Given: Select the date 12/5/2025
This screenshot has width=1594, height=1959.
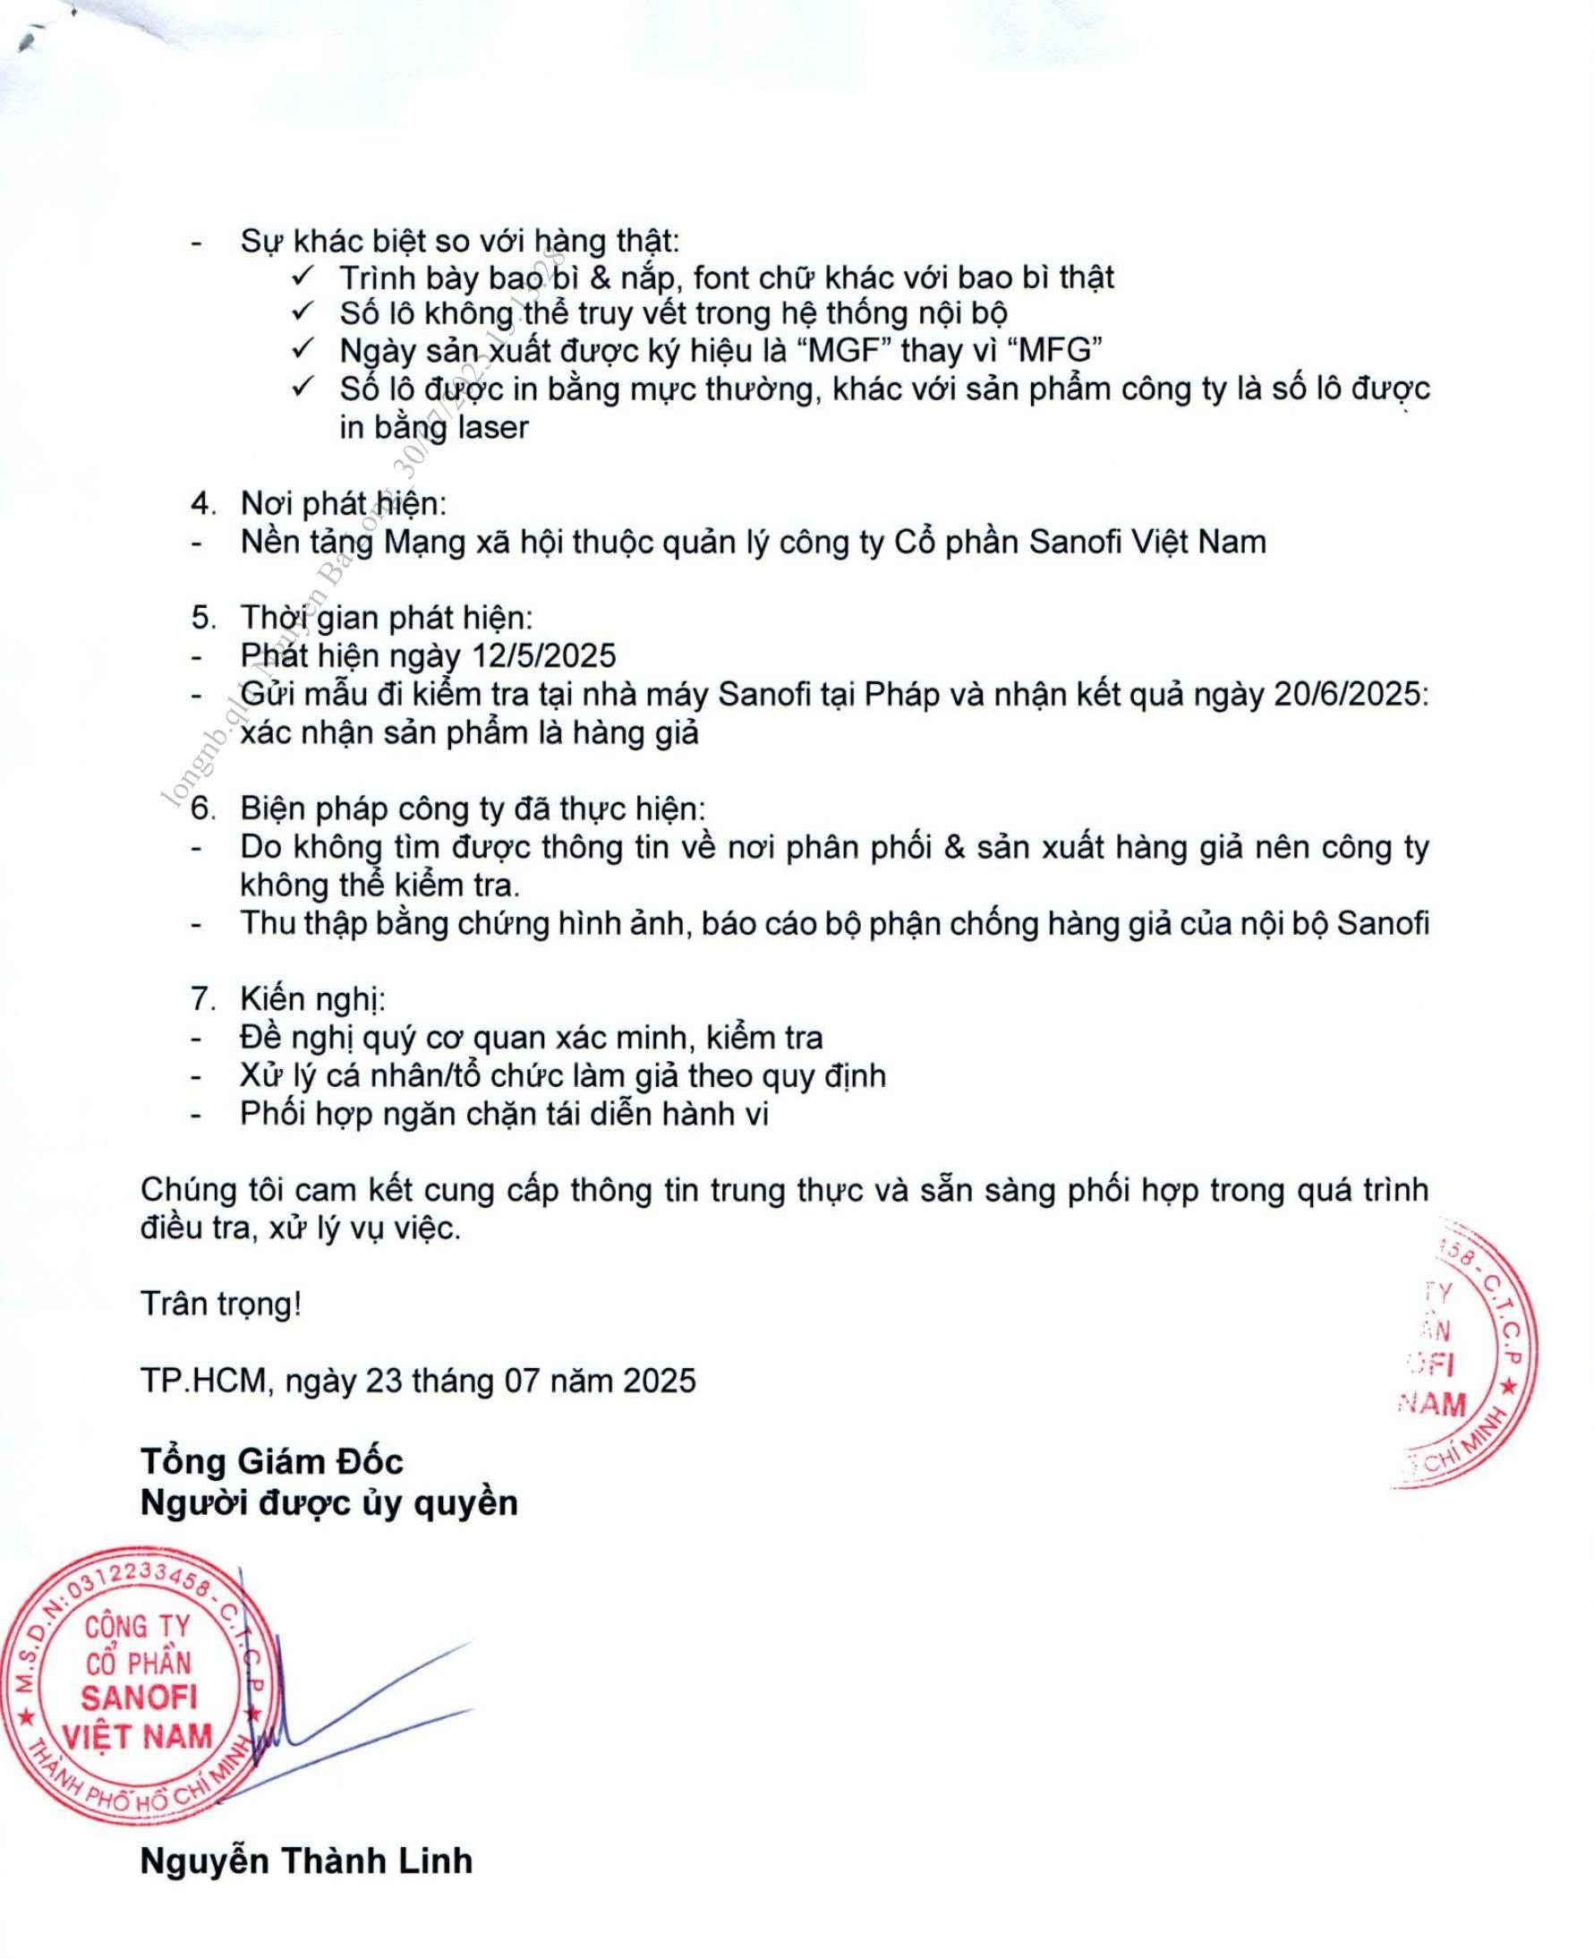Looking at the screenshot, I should click(543, 655).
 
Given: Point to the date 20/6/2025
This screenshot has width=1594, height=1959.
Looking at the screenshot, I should click(1350, 694).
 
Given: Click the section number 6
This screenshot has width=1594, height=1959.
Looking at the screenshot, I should click(202, 808).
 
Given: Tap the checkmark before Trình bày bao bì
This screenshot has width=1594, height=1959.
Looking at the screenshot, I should click(304, 276).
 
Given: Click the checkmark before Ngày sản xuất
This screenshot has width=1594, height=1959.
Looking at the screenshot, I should click(304, 349).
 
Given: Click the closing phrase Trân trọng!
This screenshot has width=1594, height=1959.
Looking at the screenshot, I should click(221, 1305).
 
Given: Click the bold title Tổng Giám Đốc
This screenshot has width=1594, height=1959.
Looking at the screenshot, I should click(272, 1461).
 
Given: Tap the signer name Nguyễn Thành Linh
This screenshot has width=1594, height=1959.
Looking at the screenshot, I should click(306, 1861).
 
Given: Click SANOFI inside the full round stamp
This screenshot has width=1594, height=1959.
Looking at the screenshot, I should click(139, 1698).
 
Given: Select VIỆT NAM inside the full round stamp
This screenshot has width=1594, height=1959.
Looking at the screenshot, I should click(137, 1737).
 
